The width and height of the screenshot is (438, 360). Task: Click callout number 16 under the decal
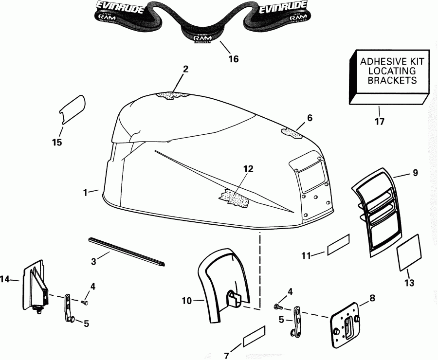point(234,59)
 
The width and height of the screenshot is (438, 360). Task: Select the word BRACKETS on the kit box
point(392,81)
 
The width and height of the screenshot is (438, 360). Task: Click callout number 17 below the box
point(379,122)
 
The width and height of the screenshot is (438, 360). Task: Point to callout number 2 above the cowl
point(185,69)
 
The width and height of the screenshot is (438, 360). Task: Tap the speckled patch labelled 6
point(292,132)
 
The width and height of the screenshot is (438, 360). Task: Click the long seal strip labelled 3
point(127,252)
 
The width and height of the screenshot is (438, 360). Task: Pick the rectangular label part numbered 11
point(339,244)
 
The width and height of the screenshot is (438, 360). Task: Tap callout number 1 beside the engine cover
point(86,193)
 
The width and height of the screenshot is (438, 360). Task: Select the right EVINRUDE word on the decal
point(283,7)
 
